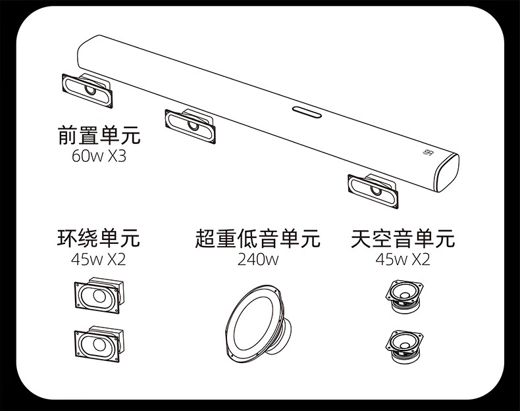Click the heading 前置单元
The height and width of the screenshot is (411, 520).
coord(99,136)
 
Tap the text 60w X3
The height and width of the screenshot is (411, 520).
coord(99,158)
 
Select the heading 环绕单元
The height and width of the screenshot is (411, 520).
coord(98,237)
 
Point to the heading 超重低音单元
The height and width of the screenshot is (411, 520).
coord(257,237)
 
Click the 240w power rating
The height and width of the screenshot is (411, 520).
coord(258,259)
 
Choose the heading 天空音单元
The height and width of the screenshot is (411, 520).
coord(403,237)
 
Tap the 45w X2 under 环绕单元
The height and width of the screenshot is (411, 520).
coord(98,259)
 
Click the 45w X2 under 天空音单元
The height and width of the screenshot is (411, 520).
coord(403,259)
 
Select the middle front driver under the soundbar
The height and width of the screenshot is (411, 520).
coord(190,124)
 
